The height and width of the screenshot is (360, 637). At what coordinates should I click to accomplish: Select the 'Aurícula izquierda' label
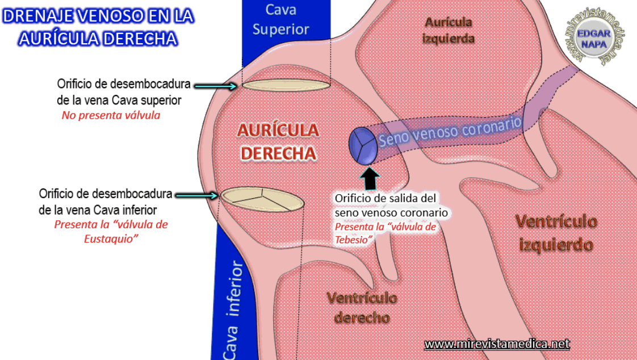click(448, 30)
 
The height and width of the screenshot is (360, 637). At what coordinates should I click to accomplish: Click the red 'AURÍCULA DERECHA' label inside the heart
click(278, 141)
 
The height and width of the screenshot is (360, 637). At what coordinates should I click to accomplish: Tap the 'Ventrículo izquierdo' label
click(556, 233)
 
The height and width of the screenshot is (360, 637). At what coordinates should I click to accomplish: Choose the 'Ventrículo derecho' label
click(362, 307)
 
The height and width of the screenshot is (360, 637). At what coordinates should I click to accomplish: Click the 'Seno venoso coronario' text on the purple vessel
click(450, 132)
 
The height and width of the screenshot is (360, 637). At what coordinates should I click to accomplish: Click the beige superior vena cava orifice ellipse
click(287, 85)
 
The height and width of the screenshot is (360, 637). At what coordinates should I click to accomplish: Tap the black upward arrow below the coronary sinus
click(370, 178)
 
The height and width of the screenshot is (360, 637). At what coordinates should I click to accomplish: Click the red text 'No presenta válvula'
click(111, 115)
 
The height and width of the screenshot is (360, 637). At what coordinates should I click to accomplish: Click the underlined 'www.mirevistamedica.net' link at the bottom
click(496, 344)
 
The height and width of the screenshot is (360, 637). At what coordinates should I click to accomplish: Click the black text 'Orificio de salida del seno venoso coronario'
click(391, 205)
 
